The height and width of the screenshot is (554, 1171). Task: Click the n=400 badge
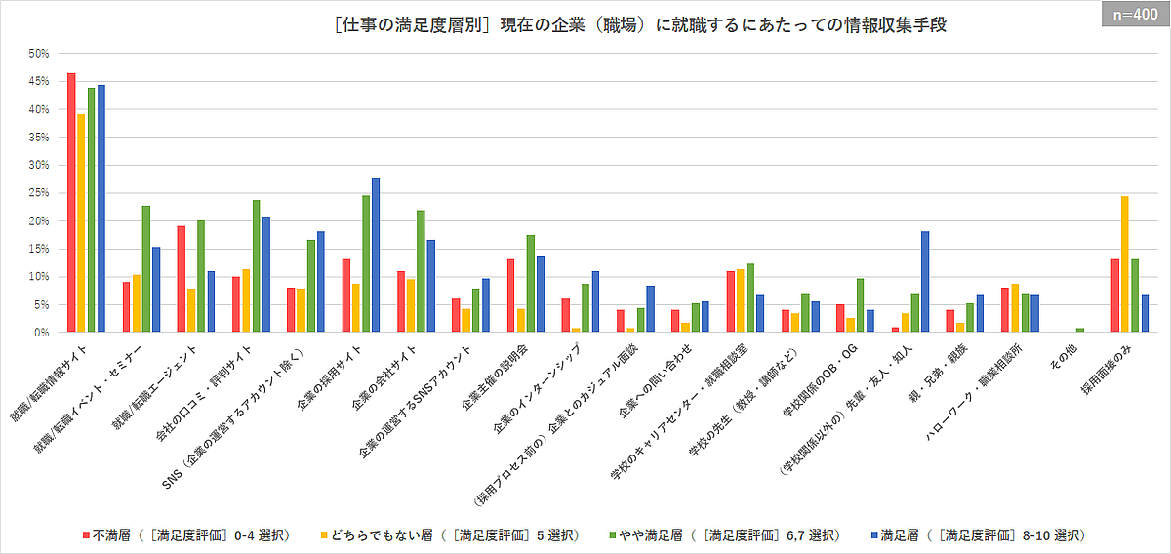pyautogui.click(x=1135, y=16)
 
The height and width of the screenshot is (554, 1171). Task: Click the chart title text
pyautogui.click(x=639, y=25)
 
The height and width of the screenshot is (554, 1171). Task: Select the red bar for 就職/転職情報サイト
pyautogui.click(x=71, y=203)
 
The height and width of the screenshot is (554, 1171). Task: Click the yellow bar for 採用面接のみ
pyautogui.click(x=1124, y=264)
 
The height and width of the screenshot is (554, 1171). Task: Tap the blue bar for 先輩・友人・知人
pyautogui.click(x=925, y=282)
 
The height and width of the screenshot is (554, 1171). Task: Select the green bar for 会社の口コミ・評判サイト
pyautogui.click(x=256, y=266)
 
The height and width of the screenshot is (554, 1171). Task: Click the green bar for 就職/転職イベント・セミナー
pyautogui.click(x=146, y=269)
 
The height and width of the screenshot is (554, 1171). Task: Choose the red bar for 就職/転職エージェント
pyautogui.click(x=181, y=279)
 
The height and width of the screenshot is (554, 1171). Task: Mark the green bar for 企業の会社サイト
pyautogui.click(x=421, y=271)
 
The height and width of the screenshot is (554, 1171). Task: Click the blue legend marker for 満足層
pyautogui.click(x=871, y=535)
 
